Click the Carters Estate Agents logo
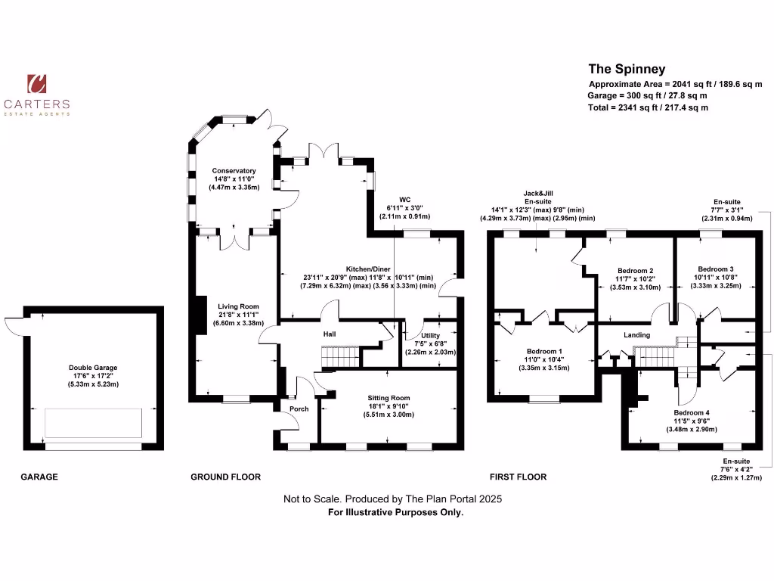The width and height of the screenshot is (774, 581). tap(37, 95)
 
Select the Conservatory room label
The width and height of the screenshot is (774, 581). tap(234, 171)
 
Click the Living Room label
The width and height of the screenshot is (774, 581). tap(234, 306)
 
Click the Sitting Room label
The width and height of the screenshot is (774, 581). tap(389, 398)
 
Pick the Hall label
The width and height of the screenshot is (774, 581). tap(329, 334)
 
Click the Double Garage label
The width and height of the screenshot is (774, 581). tap(94, 368)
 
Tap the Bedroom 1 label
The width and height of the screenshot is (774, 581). tap(543, 351)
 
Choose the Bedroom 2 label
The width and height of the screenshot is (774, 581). tap(635, 271)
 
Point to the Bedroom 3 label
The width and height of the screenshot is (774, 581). tap(715, 269)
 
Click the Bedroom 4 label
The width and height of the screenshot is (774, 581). tap(692, 413)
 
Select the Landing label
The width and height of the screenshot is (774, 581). tap(637, 334)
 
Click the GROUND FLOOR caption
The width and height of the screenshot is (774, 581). tap(225, 477)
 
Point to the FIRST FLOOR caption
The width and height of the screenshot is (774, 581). tap(518, 477)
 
